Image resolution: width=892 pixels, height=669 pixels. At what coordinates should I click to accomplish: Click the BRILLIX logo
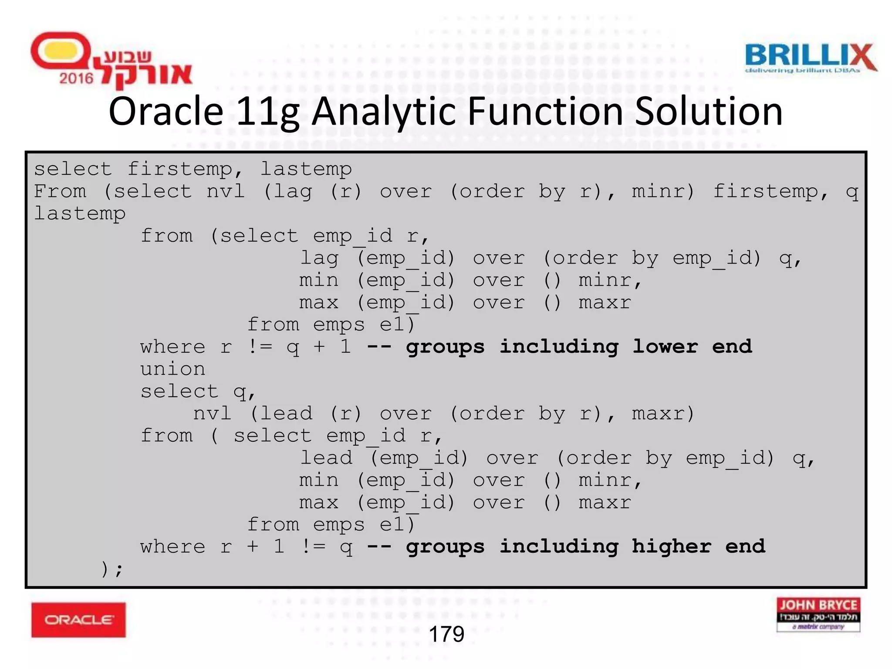pyautogui.click(x=810, y=57)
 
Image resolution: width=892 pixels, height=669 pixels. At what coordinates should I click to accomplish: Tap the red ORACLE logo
pyautogui.click(x=78, y=619)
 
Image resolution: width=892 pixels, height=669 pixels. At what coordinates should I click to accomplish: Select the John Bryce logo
pyautogui.click(x=818, y=614)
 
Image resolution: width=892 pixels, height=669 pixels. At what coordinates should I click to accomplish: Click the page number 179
pyautogui.click(x=446, y=634)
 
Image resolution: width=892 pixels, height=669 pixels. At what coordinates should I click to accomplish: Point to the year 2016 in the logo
pyautogui.click(x=76, y=78)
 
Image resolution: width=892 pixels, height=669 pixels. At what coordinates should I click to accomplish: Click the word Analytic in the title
pyautogui.click(x=383, y=111)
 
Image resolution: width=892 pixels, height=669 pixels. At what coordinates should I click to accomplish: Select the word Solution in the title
pyautogui.click(x=708, y=111)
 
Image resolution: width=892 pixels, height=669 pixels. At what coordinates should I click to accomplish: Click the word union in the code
pyautogui.click(x=172, y=369)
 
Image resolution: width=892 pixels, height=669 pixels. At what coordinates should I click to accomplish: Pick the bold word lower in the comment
pyautogui.click(x=665, y=347)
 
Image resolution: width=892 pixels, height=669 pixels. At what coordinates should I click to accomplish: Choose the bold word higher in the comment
pyautogui.click(x=671, y=547)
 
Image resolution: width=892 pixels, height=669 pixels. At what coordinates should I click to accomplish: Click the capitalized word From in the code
pyautogui.click(x=60, y=191)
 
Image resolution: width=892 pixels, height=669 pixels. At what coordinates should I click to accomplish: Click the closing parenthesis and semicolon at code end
pyautogui.click(x=112, y=569)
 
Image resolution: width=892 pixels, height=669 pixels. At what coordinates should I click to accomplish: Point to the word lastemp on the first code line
pyautogui.click(x=306, y=169)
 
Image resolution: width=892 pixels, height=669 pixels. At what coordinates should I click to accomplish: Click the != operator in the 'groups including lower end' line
pyautogui.click(x=260, y=347)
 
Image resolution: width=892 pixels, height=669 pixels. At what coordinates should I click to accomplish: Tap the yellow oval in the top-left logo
pyautogui.click(x=61, y=51)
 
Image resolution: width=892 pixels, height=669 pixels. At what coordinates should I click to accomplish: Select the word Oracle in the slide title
pyautogui.click(x=166, y=111)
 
